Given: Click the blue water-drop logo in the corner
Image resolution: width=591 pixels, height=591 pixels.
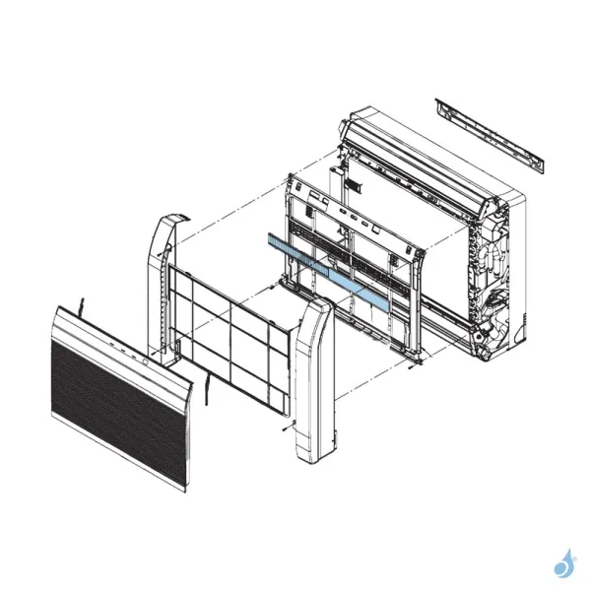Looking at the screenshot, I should pos(564,562).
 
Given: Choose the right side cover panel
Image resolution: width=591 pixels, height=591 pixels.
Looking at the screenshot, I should pos(315,384).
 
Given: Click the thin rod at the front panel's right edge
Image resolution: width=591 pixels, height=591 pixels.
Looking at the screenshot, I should pos(208,389).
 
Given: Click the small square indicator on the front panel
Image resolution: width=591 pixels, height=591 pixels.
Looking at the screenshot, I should pos(146,361).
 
